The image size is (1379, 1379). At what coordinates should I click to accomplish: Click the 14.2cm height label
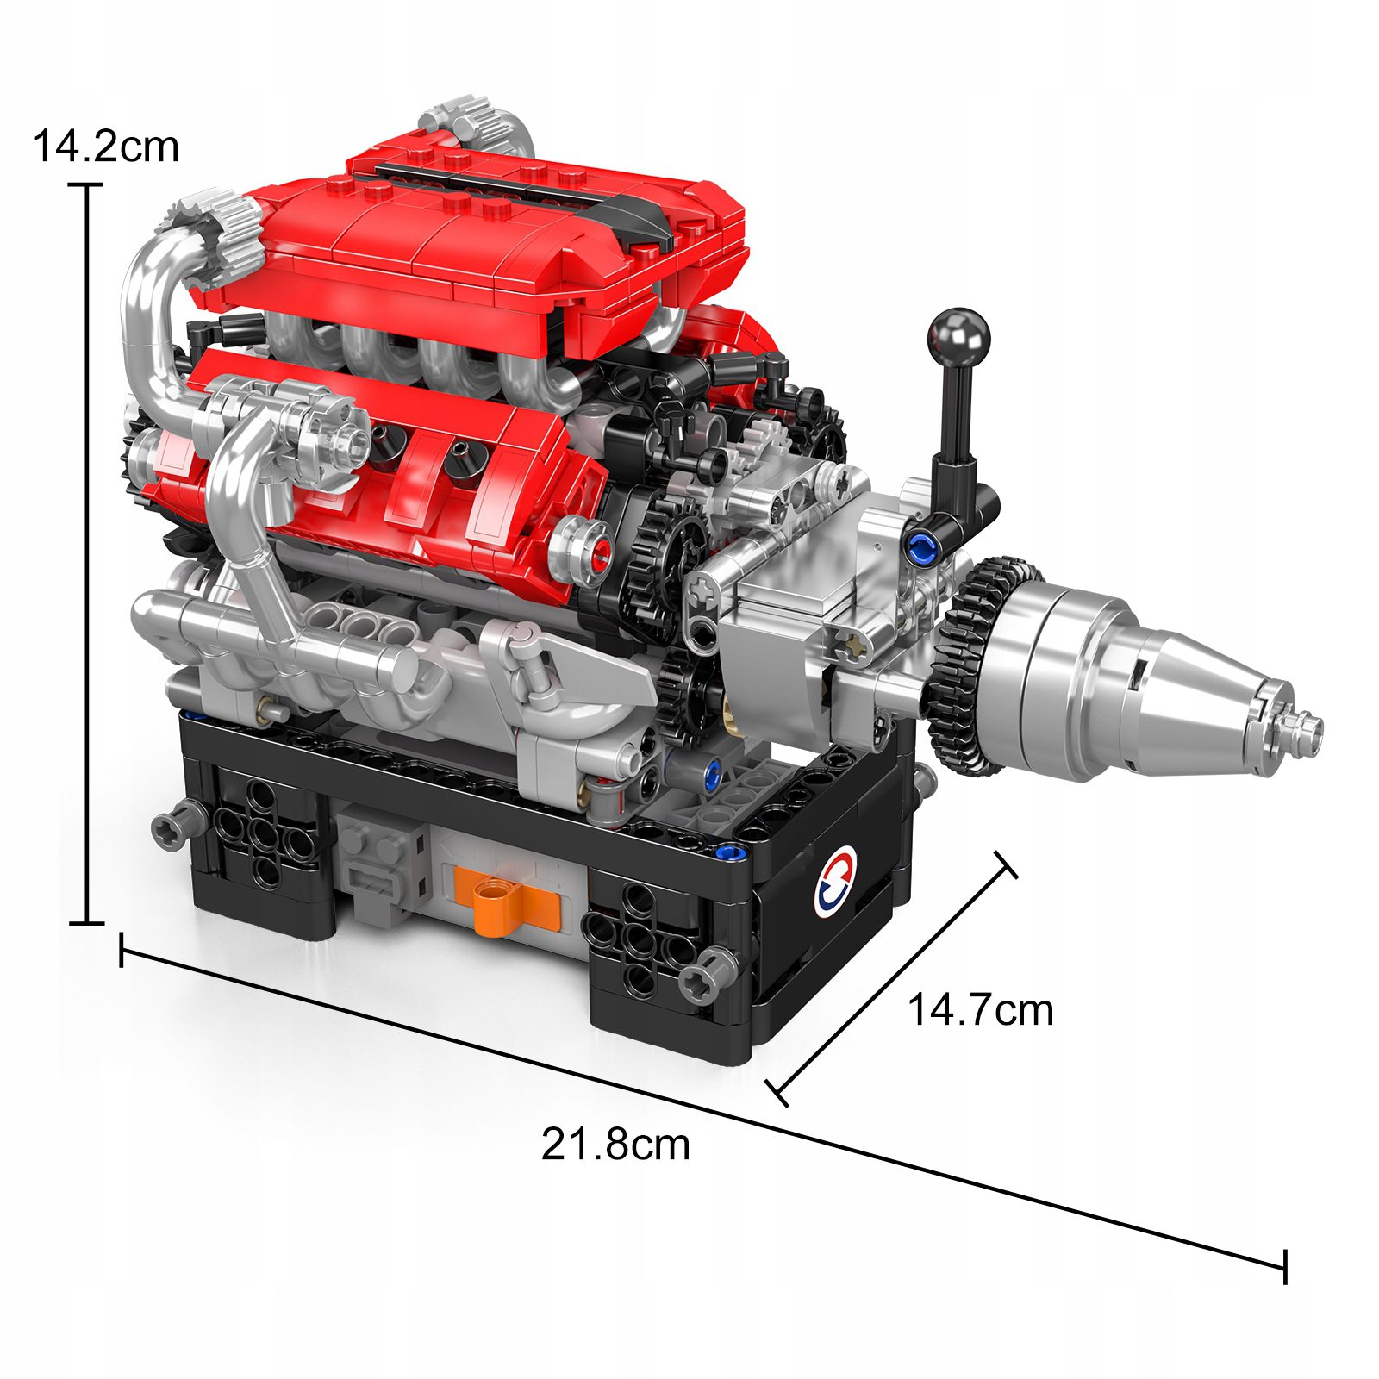tap(105, 147)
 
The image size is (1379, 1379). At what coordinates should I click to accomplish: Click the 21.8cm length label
tap(615, 1145)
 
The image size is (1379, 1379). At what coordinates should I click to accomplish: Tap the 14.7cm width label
tap(980, 1009)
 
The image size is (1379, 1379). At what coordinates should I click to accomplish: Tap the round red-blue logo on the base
tap(835, 882)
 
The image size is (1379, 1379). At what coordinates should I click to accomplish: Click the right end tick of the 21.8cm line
tap(1285, 1266)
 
